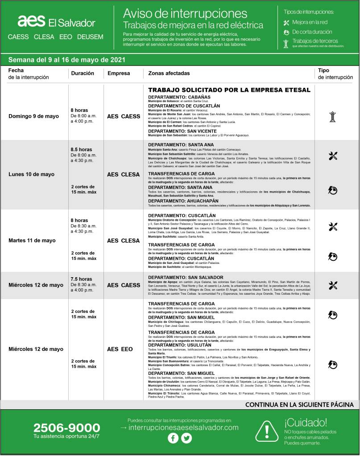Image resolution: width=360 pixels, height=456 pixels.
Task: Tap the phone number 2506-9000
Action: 66,428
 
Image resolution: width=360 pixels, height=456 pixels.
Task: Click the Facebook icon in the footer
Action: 173,438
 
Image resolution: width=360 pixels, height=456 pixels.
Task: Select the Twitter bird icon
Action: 186,438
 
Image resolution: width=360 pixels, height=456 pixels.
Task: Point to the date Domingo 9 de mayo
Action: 33,116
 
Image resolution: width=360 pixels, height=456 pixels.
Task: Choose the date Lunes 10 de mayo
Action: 32,174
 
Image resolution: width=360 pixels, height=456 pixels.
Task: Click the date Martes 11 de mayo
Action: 32,241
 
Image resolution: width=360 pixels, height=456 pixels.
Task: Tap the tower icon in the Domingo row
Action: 332,117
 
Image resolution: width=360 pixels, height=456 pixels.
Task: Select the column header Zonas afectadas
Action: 169,73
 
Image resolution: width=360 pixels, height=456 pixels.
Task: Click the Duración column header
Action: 83,73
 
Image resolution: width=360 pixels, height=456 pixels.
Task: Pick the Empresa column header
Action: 119,73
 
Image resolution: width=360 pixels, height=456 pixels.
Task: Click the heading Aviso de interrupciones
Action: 185,13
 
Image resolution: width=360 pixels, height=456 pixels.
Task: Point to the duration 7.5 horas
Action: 81,279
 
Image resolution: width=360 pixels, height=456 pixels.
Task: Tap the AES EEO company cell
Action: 120,349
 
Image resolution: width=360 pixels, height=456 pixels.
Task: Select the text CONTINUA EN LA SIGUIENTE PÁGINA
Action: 299,405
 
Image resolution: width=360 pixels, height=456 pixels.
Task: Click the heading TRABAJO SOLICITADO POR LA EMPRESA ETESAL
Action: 229,90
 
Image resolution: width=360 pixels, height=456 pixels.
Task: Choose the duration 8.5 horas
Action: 81,149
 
